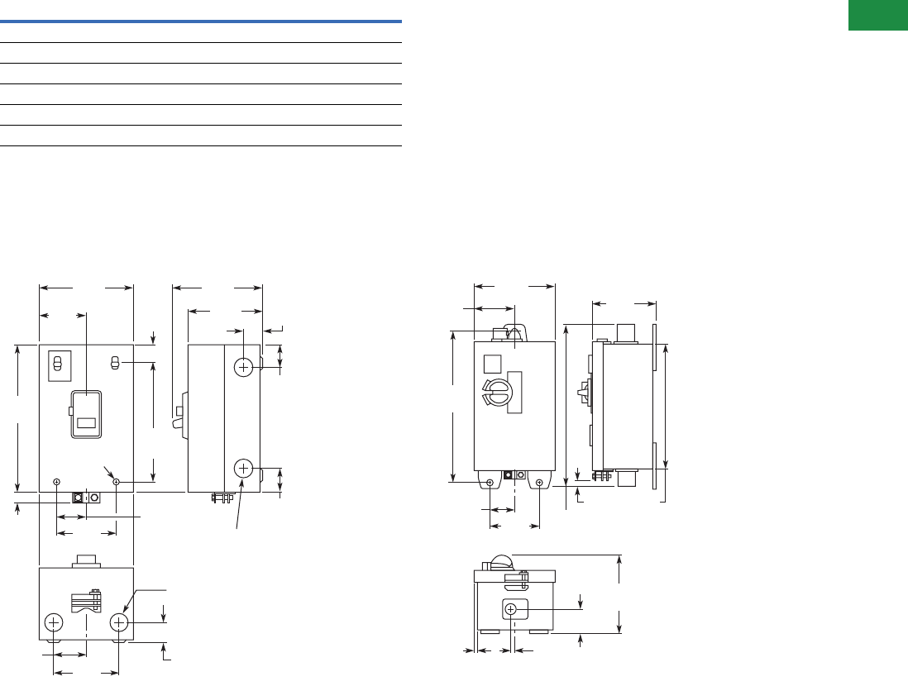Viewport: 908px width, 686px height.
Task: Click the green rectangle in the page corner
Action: pos(879,16)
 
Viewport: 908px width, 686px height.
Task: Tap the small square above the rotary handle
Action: pos(491,364)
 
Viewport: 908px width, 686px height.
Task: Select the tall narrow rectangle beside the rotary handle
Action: pos(515,392)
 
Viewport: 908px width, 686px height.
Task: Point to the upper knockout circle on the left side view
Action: pos(243,366)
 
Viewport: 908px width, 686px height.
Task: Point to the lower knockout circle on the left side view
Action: pos(243,469)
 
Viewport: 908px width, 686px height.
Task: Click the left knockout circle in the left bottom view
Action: pos(54,622)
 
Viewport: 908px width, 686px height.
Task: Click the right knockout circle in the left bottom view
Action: pos(120,622)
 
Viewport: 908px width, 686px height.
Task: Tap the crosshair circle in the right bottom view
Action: pos(511,610)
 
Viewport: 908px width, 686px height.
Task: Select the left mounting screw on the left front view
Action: pos(56,482)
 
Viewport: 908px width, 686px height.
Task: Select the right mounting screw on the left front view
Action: pos(117,482)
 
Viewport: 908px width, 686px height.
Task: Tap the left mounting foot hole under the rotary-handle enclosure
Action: pos(490,482)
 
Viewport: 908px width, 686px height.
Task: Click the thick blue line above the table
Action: pos(201,21)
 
